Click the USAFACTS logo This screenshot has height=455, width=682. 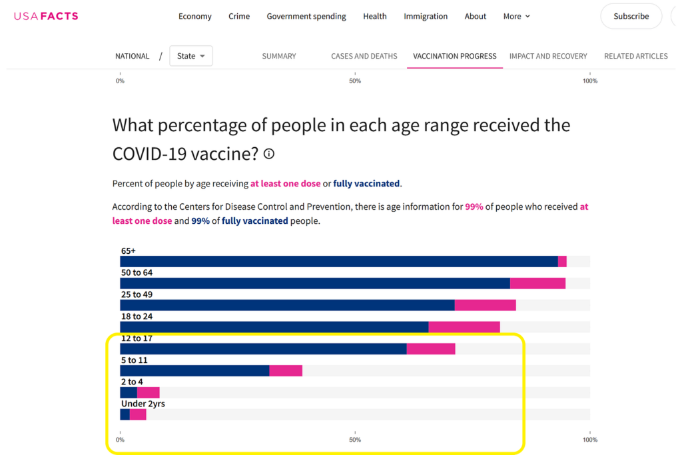(46, 16)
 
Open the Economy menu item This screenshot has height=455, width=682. (194, 17)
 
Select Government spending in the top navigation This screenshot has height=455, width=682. (306, 17)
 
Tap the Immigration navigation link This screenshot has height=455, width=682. (426, 17)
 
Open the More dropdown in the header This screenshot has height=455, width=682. (517, 17)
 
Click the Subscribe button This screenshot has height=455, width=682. (631, 17)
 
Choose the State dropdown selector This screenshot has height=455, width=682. (191, 56)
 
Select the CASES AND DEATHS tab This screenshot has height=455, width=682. (364, 56)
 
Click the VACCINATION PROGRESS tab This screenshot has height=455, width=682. (455, 56)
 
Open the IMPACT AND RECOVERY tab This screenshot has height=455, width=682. (548, 56)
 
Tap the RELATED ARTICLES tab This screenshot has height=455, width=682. (635, 56)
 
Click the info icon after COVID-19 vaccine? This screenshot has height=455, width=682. (269, 154)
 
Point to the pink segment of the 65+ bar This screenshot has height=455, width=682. (562, 262)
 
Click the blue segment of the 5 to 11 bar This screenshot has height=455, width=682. (194, 371)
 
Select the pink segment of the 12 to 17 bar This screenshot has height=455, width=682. (431, 349)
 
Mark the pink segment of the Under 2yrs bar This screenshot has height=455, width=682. (138, 414)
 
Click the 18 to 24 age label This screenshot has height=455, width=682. (137, 316)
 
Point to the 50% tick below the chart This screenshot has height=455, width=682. (355, 440)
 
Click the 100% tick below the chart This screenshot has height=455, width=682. (589, 440)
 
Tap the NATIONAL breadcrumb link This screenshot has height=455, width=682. (132, 56)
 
